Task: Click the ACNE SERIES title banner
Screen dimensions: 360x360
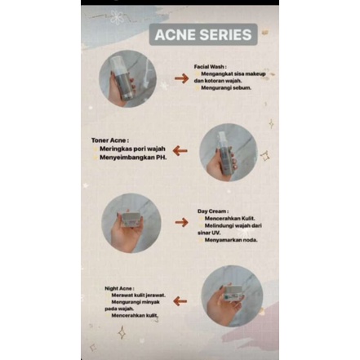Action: coord(203,35)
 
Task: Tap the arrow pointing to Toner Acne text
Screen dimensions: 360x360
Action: coord(185,151)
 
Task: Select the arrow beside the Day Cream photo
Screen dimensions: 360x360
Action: coord(181,221)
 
